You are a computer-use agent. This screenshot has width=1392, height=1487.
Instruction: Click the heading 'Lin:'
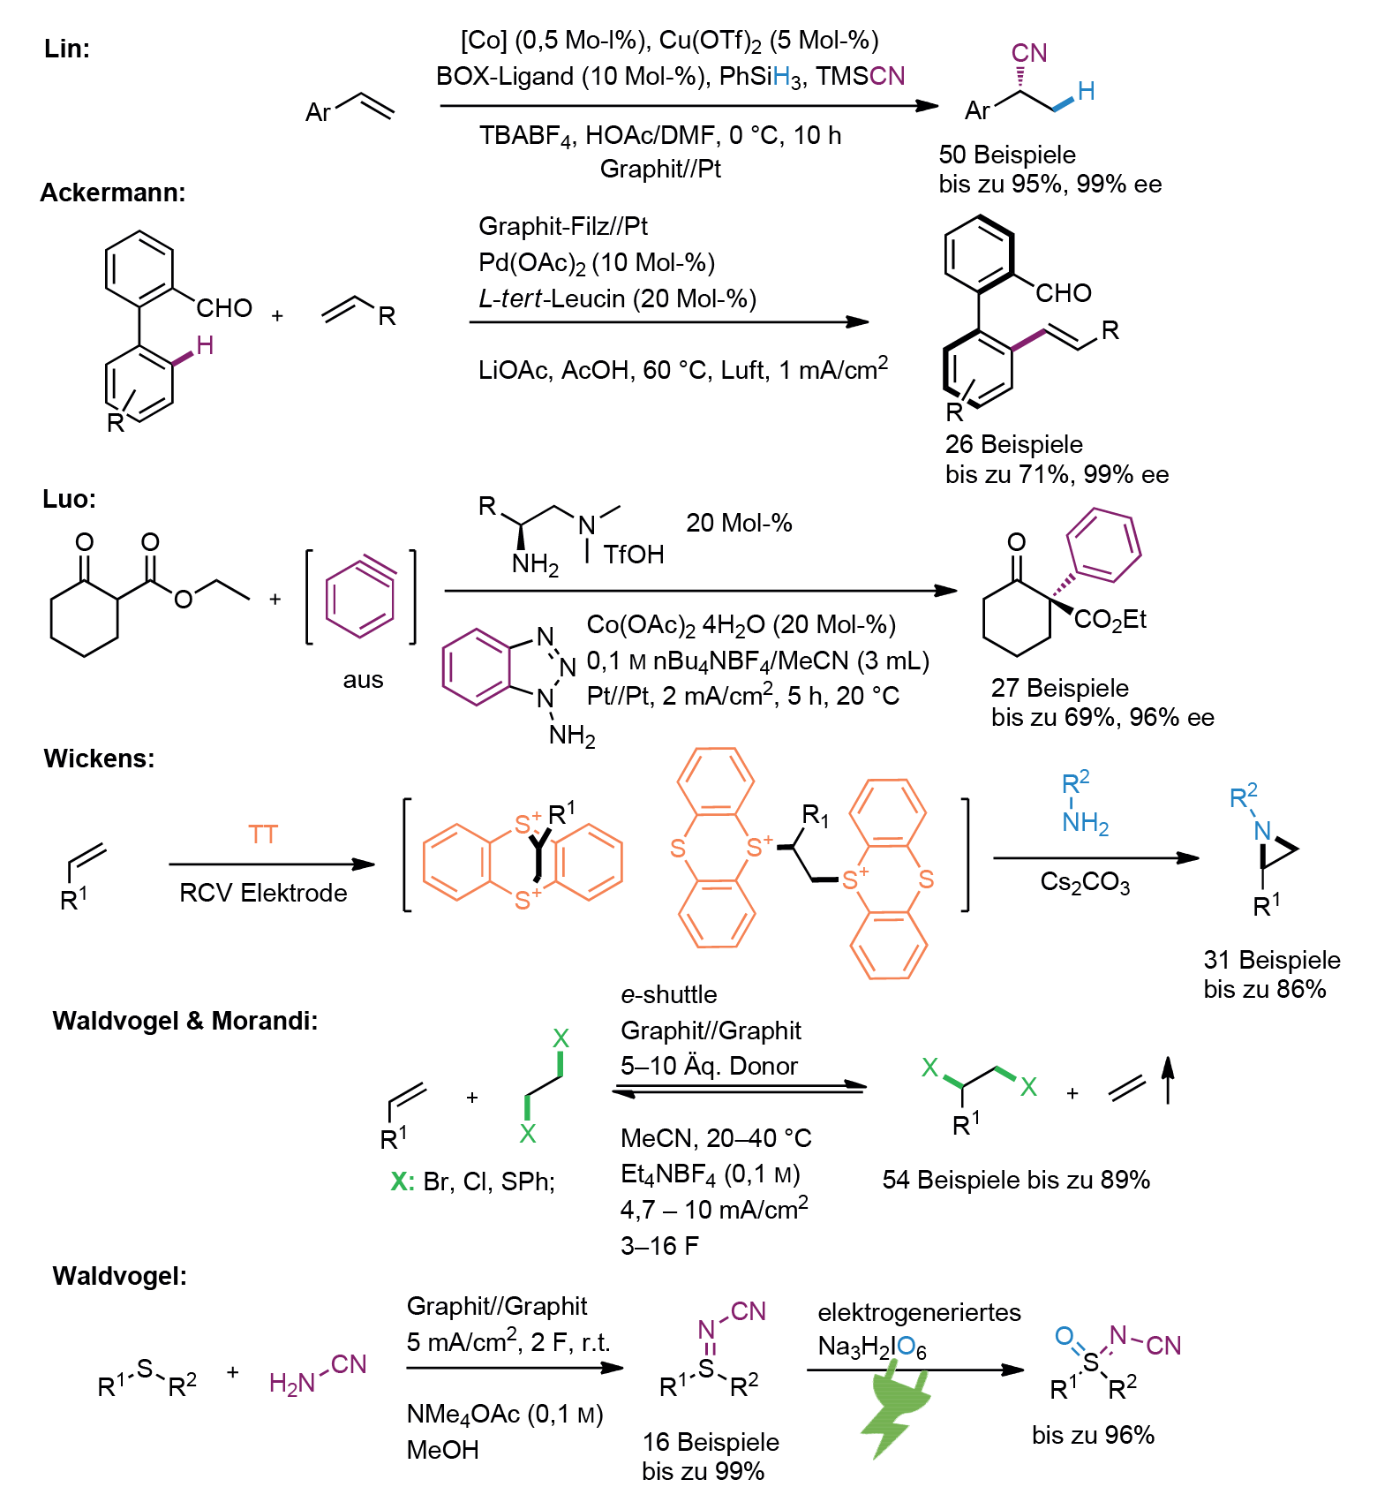[x=67, y=49]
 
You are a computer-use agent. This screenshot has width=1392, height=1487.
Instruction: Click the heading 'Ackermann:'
[x=113, y=192]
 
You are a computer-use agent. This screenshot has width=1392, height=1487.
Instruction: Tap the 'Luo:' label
[x=70, y=499]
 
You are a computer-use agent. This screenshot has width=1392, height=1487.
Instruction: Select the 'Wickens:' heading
[x=99, y=759]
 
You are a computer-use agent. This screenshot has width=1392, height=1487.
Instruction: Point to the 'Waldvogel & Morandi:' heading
[x=185, y=1021]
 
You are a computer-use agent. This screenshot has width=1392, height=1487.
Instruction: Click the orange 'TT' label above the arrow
[x=263, y=834]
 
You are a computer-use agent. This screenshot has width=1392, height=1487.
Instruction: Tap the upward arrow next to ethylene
[x=1168, y=1080]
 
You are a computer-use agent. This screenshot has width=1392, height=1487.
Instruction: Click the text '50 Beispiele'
[x=1007, y=155]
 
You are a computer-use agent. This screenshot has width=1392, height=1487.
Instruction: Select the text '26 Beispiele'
[x=1014, y=444]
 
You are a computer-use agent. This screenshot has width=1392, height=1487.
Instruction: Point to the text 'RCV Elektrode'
[x=263, y=893]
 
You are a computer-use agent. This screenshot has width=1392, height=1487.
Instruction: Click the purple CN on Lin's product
[x=1029, y=53]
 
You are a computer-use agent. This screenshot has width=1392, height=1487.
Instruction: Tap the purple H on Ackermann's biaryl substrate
[x=205, y=345]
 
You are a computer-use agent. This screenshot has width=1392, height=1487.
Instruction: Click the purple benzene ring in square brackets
[x=360, y=598]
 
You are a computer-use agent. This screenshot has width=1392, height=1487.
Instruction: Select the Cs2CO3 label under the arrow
[x=1085, y=883]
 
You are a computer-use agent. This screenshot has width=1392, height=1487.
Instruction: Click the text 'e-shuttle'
[x=668, y=994]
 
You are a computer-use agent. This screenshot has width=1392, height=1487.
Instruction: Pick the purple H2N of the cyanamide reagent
[x=292, y=1383]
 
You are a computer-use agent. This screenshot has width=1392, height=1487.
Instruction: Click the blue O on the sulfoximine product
[x=1065, y=1336]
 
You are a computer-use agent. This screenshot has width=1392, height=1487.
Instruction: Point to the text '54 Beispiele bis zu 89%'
[x=1016, y=1180]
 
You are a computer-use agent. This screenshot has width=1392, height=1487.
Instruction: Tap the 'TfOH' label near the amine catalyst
[x=634, y=555]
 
